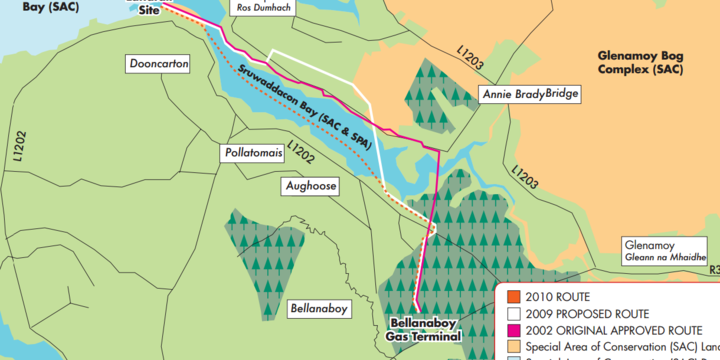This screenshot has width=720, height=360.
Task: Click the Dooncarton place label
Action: tap(159, 64)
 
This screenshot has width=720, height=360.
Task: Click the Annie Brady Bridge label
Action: tap(529, 94)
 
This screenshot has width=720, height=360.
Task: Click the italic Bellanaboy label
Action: tap(317, 308)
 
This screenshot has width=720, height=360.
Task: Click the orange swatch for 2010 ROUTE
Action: tap(513, 296)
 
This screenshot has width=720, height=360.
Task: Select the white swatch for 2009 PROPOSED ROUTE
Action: tap(513, 313)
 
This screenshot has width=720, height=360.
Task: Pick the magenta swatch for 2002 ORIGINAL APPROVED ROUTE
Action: tap(513, 329)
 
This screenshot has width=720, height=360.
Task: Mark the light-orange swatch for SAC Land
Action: tap(513, 346)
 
